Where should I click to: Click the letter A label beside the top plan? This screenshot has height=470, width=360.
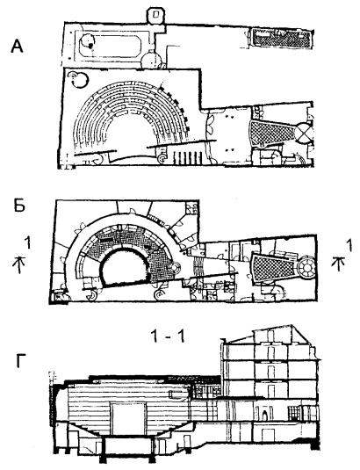[x=17, y=47]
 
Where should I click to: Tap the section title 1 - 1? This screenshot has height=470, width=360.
[x=168, y=336]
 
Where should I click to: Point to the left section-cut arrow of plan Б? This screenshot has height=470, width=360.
[x=19, y=264]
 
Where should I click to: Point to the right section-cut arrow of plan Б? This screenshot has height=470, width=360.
[x=338, y=263]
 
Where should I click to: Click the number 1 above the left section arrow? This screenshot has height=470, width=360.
[x=27, y=242]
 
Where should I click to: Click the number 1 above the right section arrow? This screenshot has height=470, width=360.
[x=349, y=245]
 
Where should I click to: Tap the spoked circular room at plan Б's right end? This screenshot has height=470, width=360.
[x=307, y=264]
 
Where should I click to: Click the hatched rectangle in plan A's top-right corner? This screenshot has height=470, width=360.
[x=281, y=38]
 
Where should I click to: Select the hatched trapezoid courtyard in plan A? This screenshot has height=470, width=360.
[x=270, y=134]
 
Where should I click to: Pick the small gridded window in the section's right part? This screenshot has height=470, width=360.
[x=295, y=414]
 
